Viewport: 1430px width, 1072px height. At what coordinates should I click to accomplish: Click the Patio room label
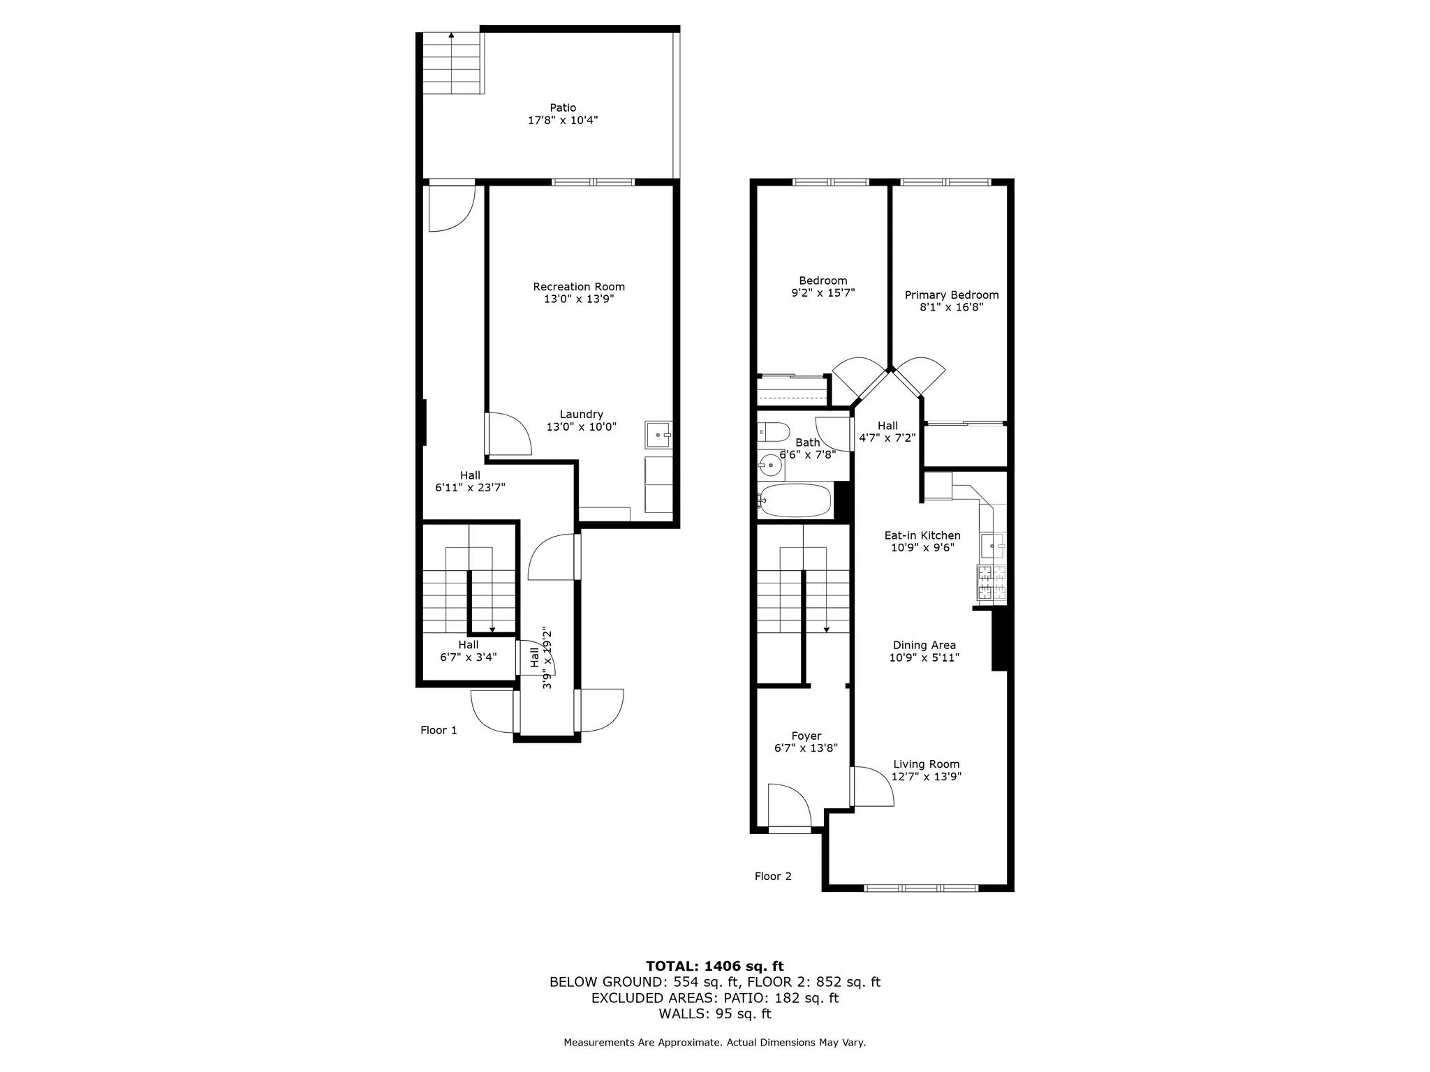(x=563, y=107)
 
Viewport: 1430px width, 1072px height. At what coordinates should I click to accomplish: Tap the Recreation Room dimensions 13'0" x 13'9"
(x=579, y=299)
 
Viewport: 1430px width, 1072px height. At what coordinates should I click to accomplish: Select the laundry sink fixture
(x=658, y=435)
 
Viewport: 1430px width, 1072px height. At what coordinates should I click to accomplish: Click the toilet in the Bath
(x=773, y=432)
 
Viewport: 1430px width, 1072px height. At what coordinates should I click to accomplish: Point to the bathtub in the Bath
(x=796, y=500)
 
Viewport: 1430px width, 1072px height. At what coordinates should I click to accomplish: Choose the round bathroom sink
(x=770, y=464)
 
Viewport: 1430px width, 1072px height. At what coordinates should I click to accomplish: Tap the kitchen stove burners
(x=992, y=583)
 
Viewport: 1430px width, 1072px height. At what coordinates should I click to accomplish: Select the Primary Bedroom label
(x=951, y=295)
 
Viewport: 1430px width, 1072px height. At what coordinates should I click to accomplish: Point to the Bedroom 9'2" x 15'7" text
(x=823, y=293)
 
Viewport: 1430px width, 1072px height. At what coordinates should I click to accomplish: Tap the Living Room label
(x=926, y=764)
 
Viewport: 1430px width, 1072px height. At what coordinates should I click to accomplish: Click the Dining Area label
(x=924, y=646)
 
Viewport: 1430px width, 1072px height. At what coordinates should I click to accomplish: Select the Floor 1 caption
(x=438, y=730)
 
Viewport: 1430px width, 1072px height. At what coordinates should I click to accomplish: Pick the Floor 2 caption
(x=773, y=877)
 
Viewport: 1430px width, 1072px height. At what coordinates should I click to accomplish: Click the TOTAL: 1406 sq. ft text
(x=714, y=967)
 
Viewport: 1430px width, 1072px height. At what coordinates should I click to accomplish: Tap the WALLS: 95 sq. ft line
(x=714, y=1014)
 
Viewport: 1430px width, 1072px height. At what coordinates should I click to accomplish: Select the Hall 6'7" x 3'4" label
(x=469, y=651)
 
